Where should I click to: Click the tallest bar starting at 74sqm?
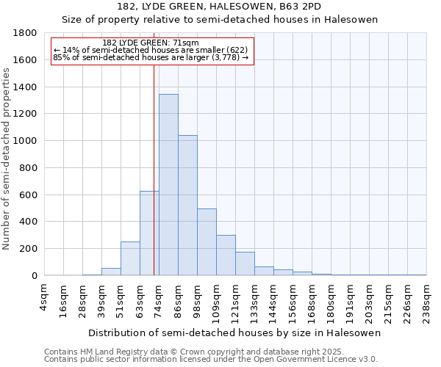point(168,185)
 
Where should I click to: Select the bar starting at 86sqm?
point(187,206)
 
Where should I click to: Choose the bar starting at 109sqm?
point(226,255)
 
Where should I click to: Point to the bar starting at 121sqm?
point(245,264)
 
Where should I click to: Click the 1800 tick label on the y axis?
point(26,33)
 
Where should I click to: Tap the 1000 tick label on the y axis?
point(26,141)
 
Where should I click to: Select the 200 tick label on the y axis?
point(29,249)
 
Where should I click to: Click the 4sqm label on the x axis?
point(45,297)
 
